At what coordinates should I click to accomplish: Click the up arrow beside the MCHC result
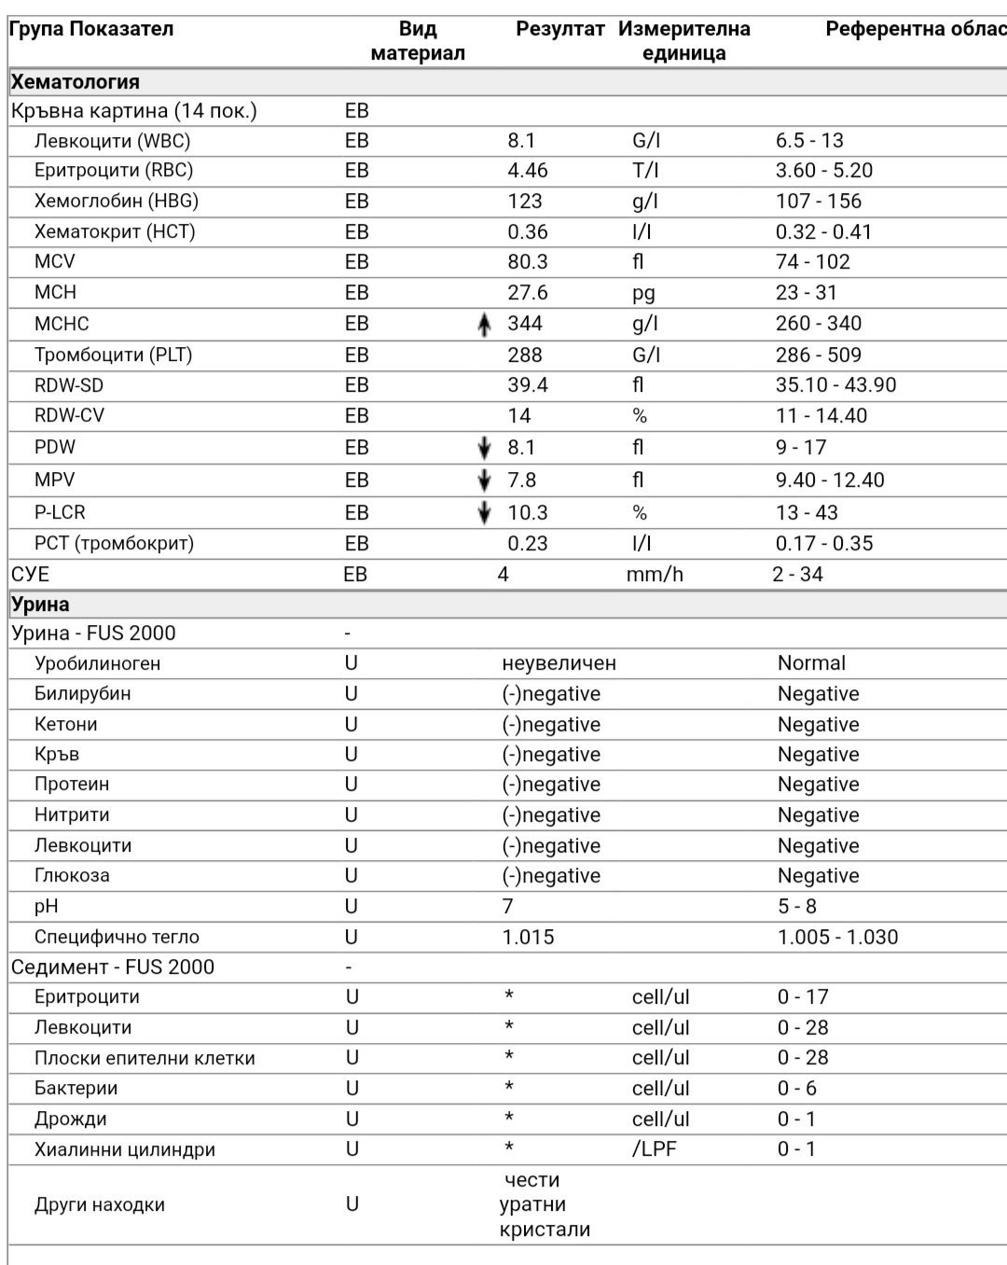(x=483, y=325)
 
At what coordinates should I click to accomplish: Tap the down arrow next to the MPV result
(x=483, y=480)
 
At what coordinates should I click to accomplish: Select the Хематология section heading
(x=76, y=82)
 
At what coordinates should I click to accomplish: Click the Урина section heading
(x=40, y=604)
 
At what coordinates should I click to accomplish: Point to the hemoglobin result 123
(x=525, y=202)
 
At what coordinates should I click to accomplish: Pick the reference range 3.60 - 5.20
(x=823, y=171)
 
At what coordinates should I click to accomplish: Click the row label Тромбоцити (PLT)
(x=113, y=355)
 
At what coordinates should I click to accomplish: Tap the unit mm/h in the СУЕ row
(x=654, y=575)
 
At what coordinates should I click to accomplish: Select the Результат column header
(x=559, y=29)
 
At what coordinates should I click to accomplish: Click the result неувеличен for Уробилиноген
(x=559, y=663)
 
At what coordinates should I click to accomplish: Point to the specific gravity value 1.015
(x=528, y=937)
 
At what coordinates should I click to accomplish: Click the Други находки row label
(x=100, y=1204)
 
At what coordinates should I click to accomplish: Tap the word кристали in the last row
(x=545, y=1230)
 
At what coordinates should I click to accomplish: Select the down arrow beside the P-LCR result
(x=483, y=513)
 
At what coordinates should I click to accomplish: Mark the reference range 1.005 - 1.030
(x=837, y=937)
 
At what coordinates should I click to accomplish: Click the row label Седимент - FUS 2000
(x=113, y=967)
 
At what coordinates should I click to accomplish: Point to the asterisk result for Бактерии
(x=509, y=1088)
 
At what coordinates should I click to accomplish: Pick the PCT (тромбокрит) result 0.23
(x=527, y=544)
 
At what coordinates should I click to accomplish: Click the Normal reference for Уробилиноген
(x=811, y=663)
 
